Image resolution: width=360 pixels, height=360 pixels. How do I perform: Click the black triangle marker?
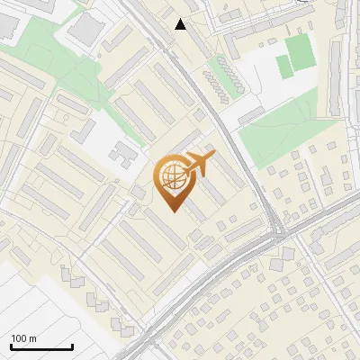(181, 24)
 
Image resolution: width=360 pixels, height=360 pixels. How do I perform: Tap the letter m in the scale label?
(33, 338)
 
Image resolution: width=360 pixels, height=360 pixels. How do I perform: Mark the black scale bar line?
(41, 346)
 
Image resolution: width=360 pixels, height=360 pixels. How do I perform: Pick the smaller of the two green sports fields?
(283, 66)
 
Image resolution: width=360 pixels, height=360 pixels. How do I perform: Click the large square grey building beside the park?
(85, 30)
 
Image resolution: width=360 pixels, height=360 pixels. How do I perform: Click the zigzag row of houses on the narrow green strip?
(225, 77)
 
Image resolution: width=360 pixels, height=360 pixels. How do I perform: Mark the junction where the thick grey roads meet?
(277, 235)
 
